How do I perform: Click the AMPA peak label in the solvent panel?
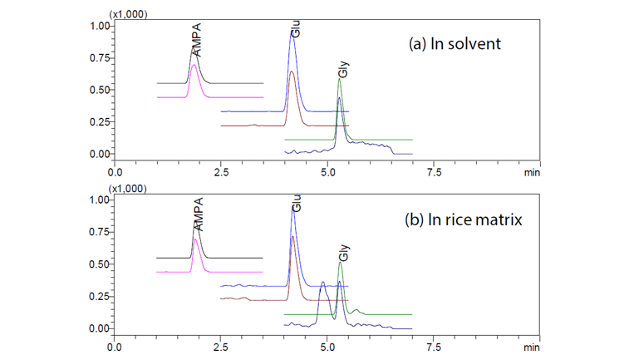[x=196, y=38]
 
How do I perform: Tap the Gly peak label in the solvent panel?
[x=342, y=69]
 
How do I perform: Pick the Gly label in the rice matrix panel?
[x=343, y=252]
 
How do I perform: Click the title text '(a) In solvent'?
[x=455, y=43]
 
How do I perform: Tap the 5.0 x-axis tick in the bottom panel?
[x=327, y=347]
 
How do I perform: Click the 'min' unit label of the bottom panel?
[x=532, y=347]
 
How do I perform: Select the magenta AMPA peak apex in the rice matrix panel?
[x=195, y=239]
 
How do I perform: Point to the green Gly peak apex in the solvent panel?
[x=339, y=80]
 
